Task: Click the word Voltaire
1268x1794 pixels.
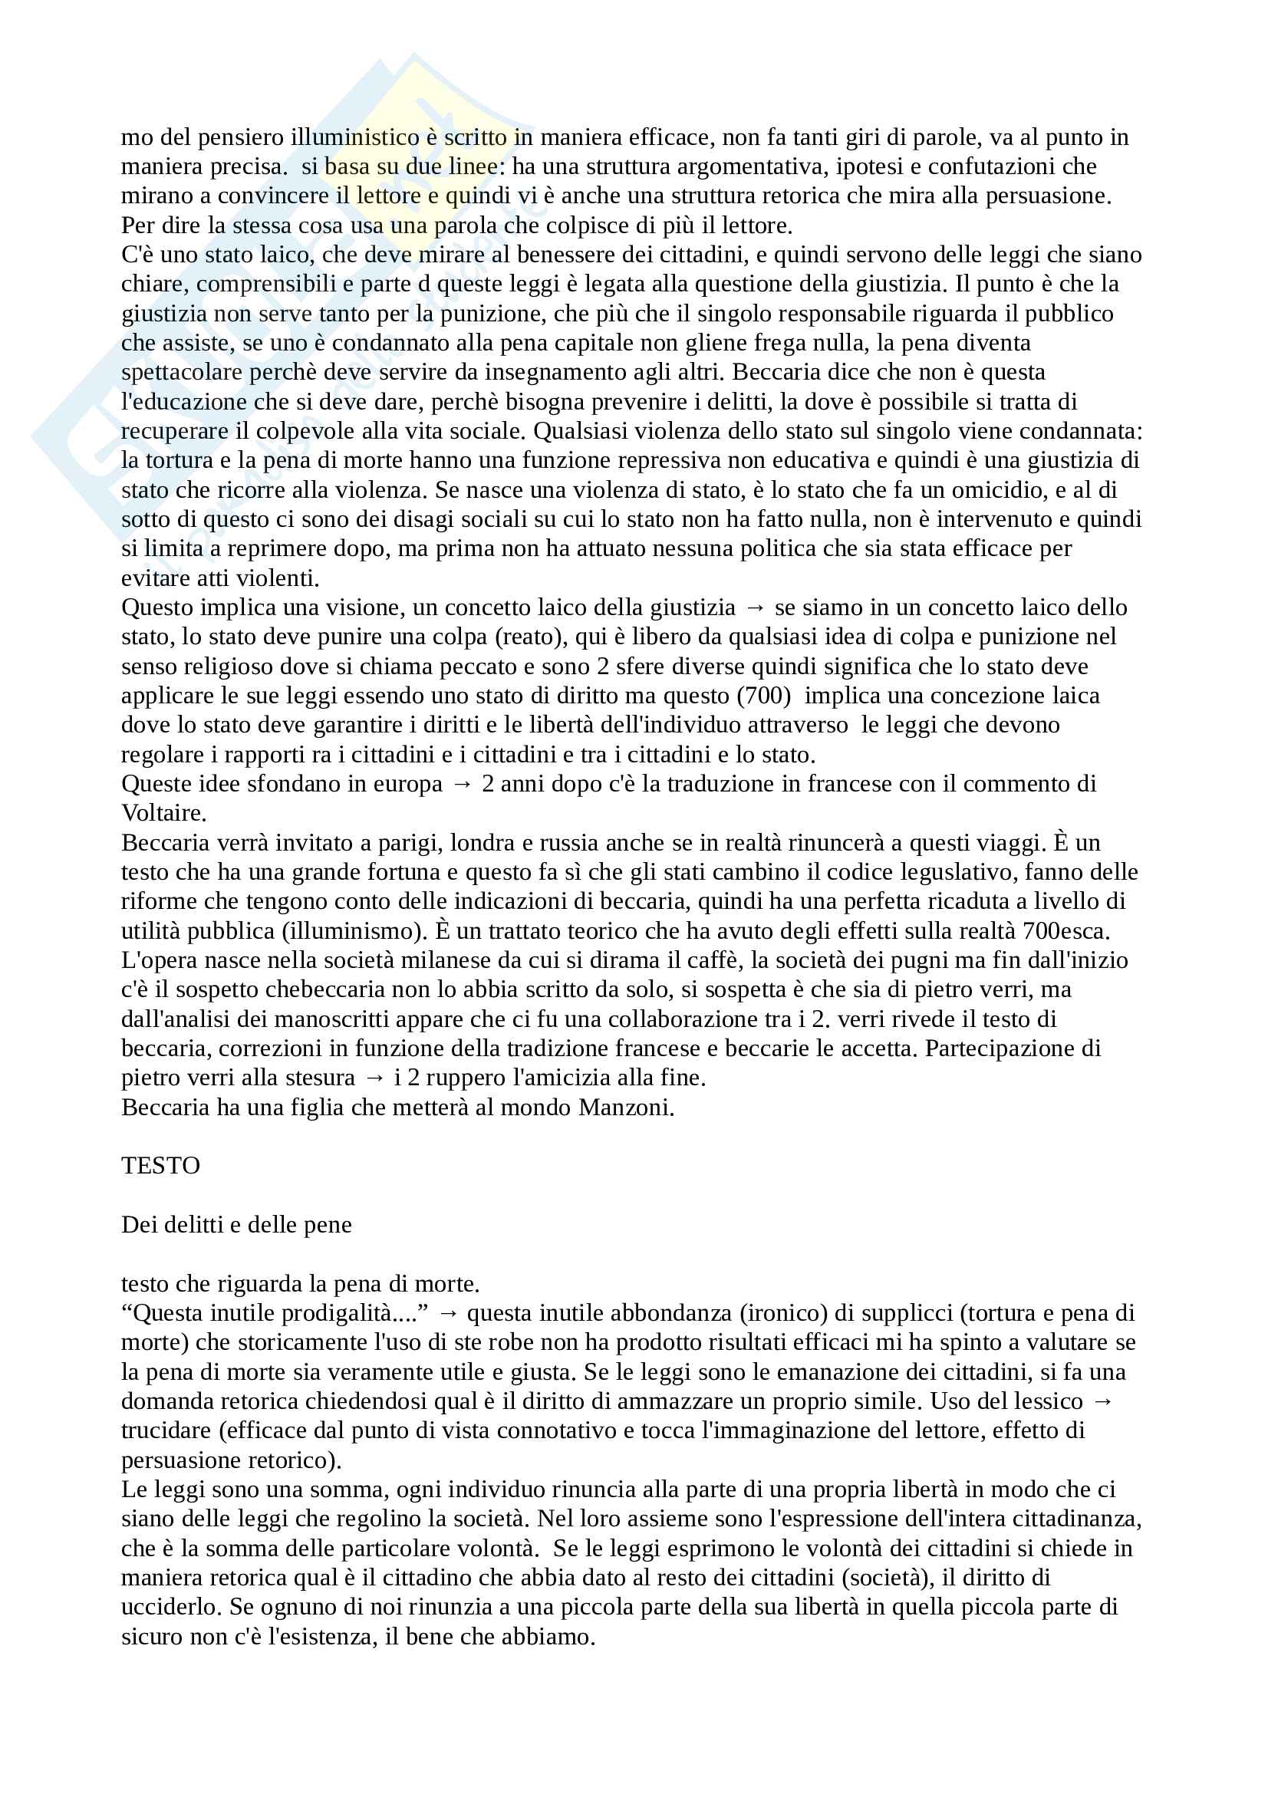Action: (163, 813)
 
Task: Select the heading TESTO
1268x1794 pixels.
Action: (160, 1166)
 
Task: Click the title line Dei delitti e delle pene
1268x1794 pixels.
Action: (236, 1224)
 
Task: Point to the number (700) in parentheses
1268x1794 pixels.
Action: (763, 696)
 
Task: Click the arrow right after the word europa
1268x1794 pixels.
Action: (462, 785)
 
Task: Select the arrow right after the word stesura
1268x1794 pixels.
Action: (374, 1078)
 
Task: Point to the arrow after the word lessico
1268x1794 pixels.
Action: (1102, 1401)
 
